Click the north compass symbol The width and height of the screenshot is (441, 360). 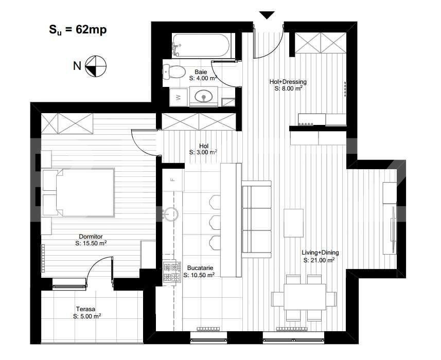(95, 65)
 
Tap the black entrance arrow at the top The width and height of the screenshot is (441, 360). (267, 15)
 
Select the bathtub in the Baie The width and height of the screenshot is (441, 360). (201, 46)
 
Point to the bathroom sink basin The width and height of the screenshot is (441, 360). (205, 96)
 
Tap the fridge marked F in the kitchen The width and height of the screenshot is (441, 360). (173, 180)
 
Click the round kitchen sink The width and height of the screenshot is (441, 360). (172, 212)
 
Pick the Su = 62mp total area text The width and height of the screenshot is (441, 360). (75, 29)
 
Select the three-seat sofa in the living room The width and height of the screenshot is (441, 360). (256, 220)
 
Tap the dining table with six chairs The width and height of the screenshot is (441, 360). (303, 297)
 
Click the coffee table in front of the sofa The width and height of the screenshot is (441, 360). (294, 222)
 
